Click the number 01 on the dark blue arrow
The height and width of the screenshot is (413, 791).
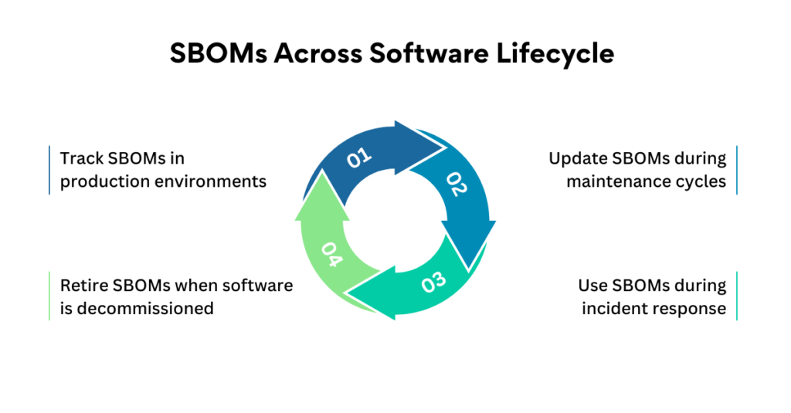point(359,158)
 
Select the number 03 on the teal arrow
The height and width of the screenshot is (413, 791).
point(434,283)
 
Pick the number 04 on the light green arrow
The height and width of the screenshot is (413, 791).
point(331,254)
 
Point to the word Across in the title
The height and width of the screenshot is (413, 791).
point(317,53)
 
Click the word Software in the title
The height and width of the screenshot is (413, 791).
point(429,53)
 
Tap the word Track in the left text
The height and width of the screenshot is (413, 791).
point(81,158)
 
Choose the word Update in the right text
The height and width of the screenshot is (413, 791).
point(578,159)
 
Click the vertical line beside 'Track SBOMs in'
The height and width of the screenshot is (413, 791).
point(49,170)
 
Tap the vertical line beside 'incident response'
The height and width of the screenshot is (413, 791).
point(736,296)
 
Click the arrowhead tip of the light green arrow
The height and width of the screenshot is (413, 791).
point(321,171)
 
